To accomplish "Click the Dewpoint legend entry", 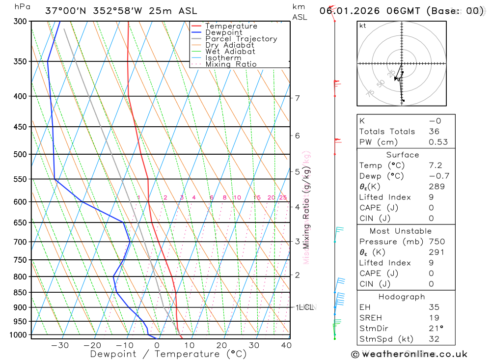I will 223,32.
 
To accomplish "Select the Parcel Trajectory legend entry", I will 241,39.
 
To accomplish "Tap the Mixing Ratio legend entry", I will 230,64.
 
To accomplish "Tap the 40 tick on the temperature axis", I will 286,345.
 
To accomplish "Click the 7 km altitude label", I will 297,98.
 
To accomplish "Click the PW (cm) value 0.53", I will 438,142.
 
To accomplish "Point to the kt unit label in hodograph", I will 363,26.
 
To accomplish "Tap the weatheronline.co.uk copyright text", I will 409,354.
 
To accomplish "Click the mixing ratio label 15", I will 257,197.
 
